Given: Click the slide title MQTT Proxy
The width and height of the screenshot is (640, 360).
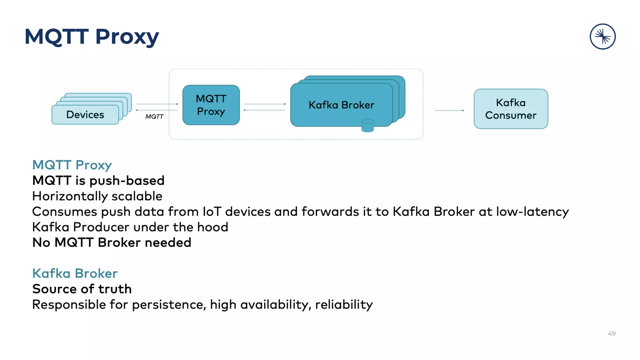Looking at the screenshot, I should tap(92, 37).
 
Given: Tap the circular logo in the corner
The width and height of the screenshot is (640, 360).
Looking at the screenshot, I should tap(602, 37).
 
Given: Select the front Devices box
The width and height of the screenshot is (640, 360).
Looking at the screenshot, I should tap(85, 115).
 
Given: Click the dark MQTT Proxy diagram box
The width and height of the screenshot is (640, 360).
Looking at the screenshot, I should tap(211, 105).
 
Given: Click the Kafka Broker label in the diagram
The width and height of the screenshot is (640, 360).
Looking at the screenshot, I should tap(341, 105).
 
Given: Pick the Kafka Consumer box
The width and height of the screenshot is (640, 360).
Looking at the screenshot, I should tap(511, 109).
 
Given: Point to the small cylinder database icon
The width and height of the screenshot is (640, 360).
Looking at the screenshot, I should tap(367, 126).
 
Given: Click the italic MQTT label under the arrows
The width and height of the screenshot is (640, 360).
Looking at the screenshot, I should tap(154, 117).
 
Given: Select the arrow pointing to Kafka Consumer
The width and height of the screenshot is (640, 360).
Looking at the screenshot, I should tap(449, 110).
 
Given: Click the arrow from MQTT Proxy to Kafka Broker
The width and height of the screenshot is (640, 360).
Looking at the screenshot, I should tap(265, 104).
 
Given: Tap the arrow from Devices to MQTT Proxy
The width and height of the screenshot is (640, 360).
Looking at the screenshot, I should tap(157, 104).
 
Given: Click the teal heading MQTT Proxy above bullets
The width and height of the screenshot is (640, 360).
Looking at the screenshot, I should tap(72, 165).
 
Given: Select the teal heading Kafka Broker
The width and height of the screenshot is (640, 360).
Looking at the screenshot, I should tap(75, 273).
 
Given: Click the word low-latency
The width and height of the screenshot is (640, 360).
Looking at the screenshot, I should tap(532, 212).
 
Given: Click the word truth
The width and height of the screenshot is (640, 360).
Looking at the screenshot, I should tap(115, 289).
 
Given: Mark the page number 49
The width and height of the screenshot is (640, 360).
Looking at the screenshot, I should tap(612, 333).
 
